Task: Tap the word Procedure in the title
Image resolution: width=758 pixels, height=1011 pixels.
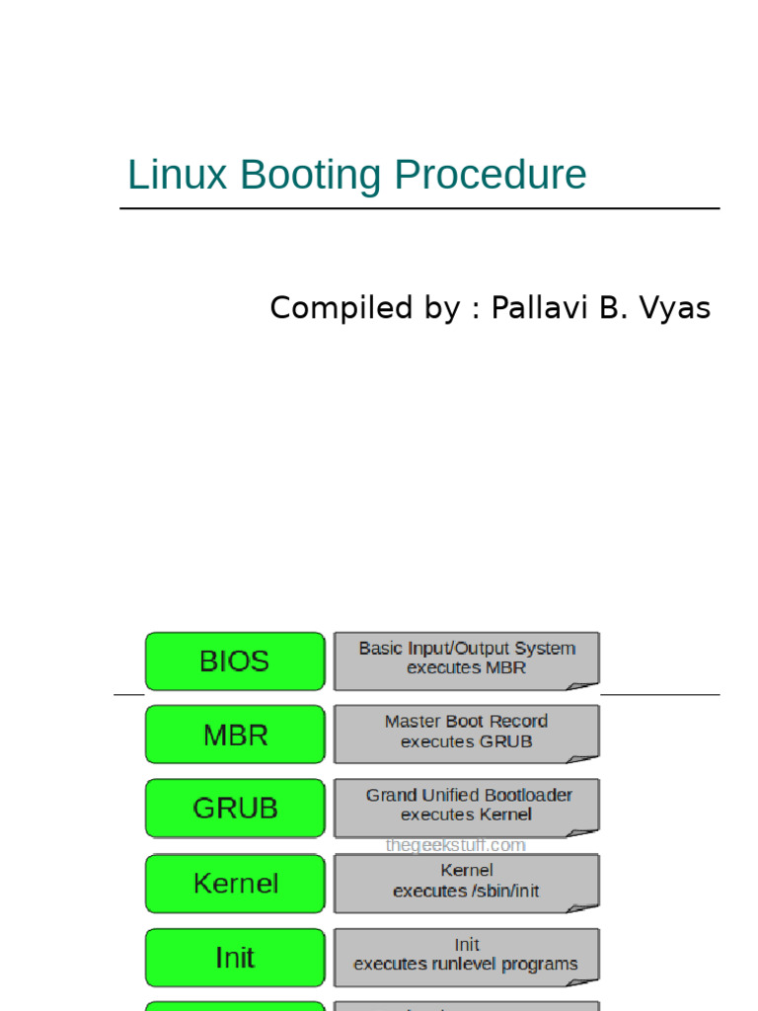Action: [x=490, y=176]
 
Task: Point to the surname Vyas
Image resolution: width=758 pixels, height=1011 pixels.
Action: [x=675, y=308]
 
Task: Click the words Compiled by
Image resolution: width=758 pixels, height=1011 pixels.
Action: [x=364, y=308]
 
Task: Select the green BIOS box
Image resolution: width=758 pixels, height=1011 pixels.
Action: [x=235, y=661]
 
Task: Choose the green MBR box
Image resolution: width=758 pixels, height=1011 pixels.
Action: [x=235, y=736]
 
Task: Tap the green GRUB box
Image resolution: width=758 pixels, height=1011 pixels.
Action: [x=235, y=809]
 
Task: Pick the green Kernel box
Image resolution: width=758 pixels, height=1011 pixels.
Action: [x=235, y=883]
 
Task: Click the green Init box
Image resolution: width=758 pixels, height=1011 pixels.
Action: [x=235, y=958]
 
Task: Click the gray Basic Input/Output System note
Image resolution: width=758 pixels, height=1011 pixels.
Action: [x=466, y=659]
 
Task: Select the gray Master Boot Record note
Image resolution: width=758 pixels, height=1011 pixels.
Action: [x=466, y=732]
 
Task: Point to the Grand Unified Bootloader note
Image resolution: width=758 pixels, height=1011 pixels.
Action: [x=466, y=805]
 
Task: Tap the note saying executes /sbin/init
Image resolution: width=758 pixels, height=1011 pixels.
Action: [x=466, y=881]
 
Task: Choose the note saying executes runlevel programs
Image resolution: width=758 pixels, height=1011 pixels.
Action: [x=466, y=955]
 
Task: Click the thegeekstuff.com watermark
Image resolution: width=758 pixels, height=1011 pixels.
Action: [x=455, y=845]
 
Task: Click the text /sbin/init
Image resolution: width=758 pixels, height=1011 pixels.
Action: [x=502, y=891]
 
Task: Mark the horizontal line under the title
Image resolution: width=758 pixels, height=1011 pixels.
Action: [x=419, y=208]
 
